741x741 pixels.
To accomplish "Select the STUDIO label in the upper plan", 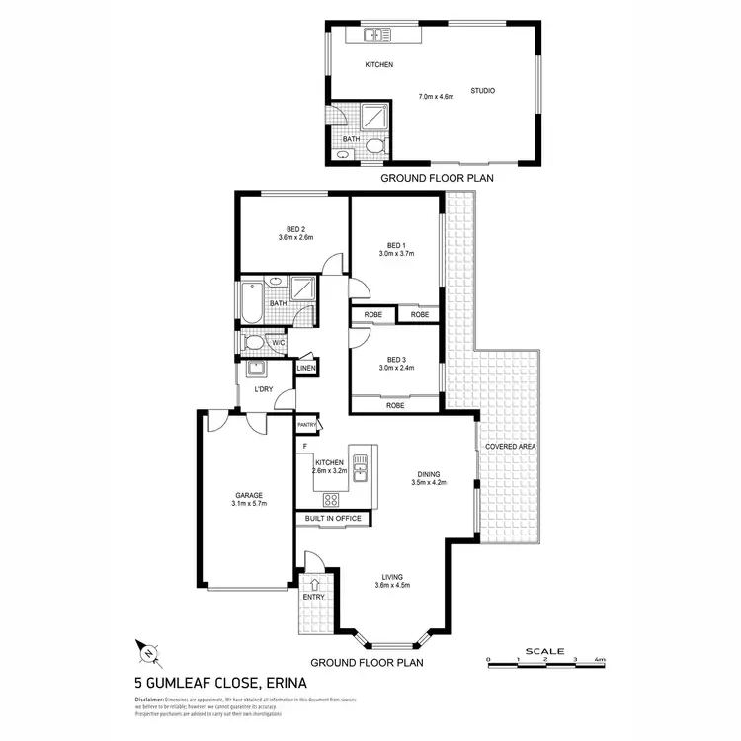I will point(482,91).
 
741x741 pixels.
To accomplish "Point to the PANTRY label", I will point(308,425).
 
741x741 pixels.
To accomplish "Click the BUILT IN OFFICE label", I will point(332,519).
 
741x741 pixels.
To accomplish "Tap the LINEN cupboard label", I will point(308,369).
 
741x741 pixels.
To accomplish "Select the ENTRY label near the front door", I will point(313,596).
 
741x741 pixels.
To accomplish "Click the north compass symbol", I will point(147,650).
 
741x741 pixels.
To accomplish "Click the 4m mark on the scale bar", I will point(599,659).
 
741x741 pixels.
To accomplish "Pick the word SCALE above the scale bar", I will point(544,650).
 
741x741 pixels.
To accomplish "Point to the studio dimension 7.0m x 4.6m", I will point(436,96).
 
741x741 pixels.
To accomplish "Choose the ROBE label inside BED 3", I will point(395,405).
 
